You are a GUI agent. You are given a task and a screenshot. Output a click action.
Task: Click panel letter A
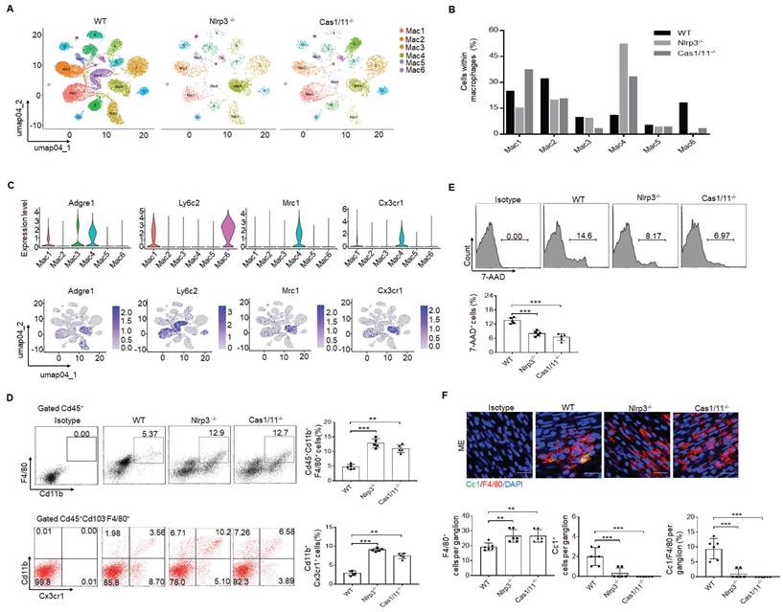(x=11, y=11)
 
